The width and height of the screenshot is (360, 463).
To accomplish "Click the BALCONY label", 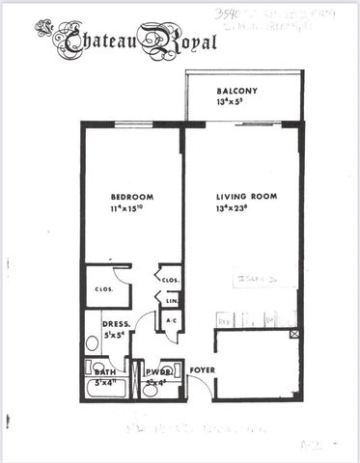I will click(235, 91).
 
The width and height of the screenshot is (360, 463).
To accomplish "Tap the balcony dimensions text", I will click(235, 101).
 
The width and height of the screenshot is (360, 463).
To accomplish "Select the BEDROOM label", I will click(131, 197).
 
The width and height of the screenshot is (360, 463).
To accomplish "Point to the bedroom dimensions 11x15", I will click(131, 208).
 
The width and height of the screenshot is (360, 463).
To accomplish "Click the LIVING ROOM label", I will click(246, 197).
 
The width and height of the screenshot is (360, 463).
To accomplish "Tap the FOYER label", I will click(201, 369).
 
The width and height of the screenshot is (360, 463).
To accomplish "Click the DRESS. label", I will click(116, 325).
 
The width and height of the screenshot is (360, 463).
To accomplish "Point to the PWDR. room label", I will click(158, 370).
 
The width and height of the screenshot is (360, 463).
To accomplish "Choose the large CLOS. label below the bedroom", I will click(105, 288).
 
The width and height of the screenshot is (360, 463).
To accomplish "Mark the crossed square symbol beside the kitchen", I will click(294, 334).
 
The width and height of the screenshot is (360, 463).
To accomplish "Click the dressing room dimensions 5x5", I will click(116, 337).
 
